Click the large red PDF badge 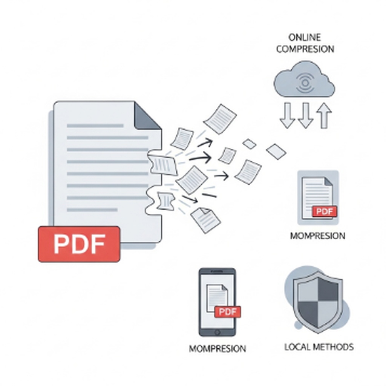tap(79, 244)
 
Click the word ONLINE tap(305, 37)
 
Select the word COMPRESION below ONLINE tap(305, 49)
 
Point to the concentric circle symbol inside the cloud tap(305, 83)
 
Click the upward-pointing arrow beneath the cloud tap(324, 115)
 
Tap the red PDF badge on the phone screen tap(228, 312)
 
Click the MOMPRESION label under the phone tap(218, 349)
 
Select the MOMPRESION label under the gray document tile tap(317, 236)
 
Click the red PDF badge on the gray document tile tap(324, 211)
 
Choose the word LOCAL tap(297, 347)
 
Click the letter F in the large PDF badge tap(98, 244)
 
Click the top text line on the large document tap(95, 126)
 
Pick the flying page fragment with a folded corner tap(205, 220)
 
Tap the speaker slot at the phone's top tap(217, 271)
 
